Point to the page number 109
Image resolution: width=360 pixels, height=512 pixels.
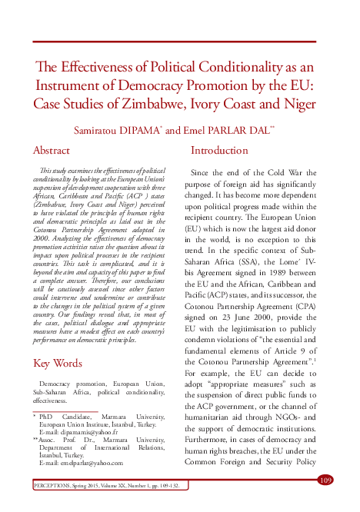click(x=325, y=480)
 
